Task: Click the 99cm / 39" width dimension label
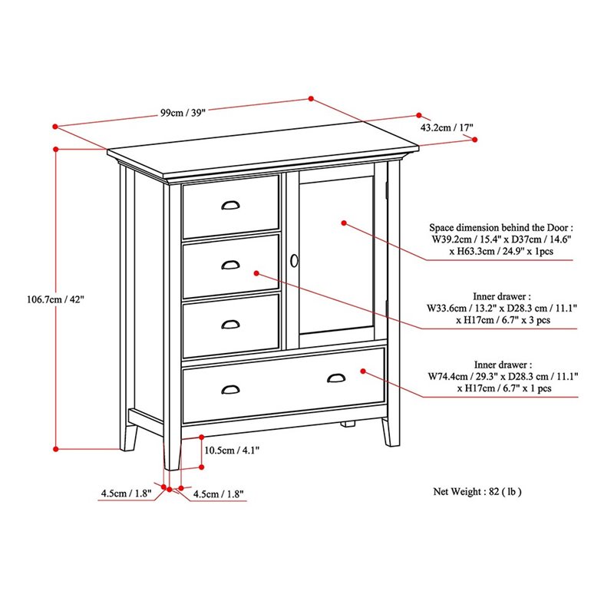click(183, 113)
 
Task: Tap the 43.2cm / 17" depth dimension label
click(447, 127)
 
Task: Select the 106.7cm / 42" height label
click(55, 299)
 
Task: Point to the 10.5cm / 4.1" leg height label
click(232, 451)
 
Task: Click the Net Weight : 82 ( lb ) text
click(477, 491)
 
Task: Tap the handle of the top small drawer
click(231, 205)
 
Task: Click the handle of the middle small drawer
click(231, 265)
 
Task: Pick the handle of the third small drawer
click(231, 324)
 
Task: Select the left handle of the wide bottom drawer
click(231, 390)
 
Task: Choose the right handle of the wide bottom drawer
click(336, 378)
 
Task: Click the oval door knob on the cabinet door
click(294, 261)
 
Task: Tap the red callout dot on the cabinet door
click(344, 223)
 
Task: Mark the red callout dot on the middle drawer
click(256, 273)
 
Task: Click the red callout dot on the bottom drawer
click(363, 371)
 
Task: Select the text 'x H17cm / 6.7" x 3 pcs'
click(503, 320)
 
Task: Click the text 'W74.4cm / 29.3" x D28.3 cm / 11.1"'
click(503, 377)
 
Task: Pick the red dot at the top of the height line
click(55, 149)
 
